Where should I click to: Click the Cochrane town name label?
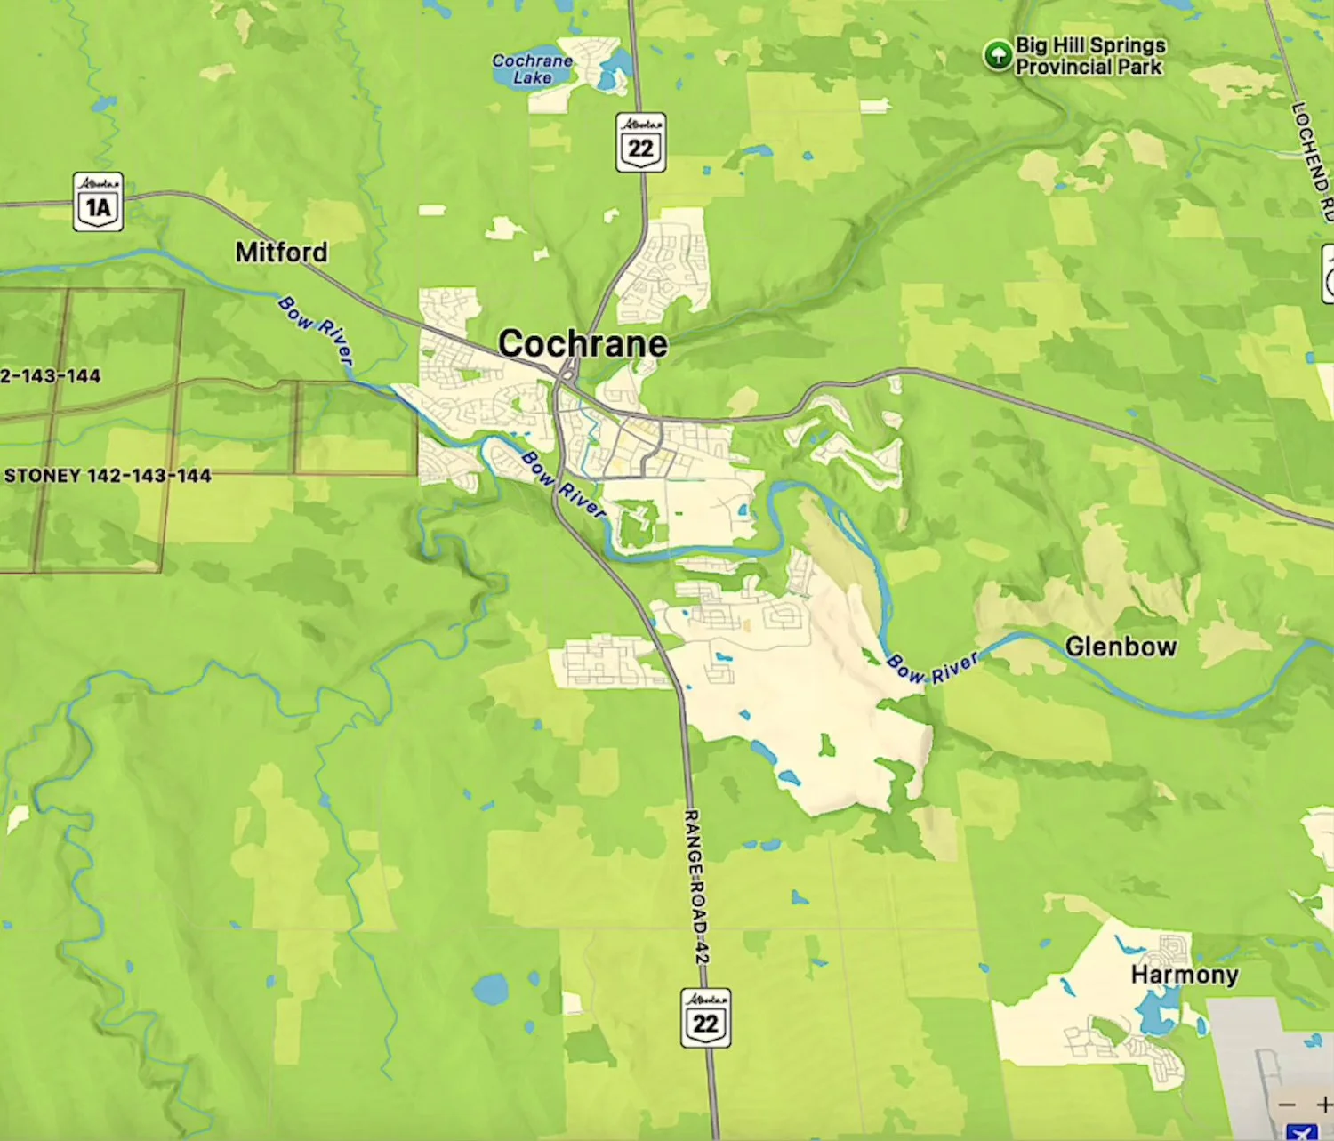(583, 344)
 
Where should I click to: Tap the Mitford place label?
(281, 253)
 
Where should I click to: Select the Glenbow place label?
(1121, 647)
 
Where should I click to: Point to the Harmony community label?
(1184, 975)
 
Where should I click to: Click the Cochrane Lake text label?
(532, 69)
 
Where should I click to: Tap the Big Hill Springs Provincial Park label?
(1089, 56)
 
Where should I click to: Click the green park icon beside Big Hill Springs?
(998, 55)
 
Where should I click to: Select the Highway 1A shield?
(98, 202)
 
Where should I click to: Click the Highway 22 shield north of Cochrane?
(640, 142)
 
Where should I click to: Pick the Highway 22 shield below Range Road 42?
(706, 1017)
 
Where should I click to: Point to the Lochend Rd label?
(1313, 160)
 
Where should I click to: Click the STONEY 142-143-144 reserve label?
(108, 476)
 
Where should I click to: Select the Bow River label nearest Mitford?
(316, 329)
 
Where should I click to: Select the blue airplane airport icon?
(1301, 1132)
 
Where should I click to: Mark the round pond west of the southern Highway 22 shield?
(490, 988)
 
